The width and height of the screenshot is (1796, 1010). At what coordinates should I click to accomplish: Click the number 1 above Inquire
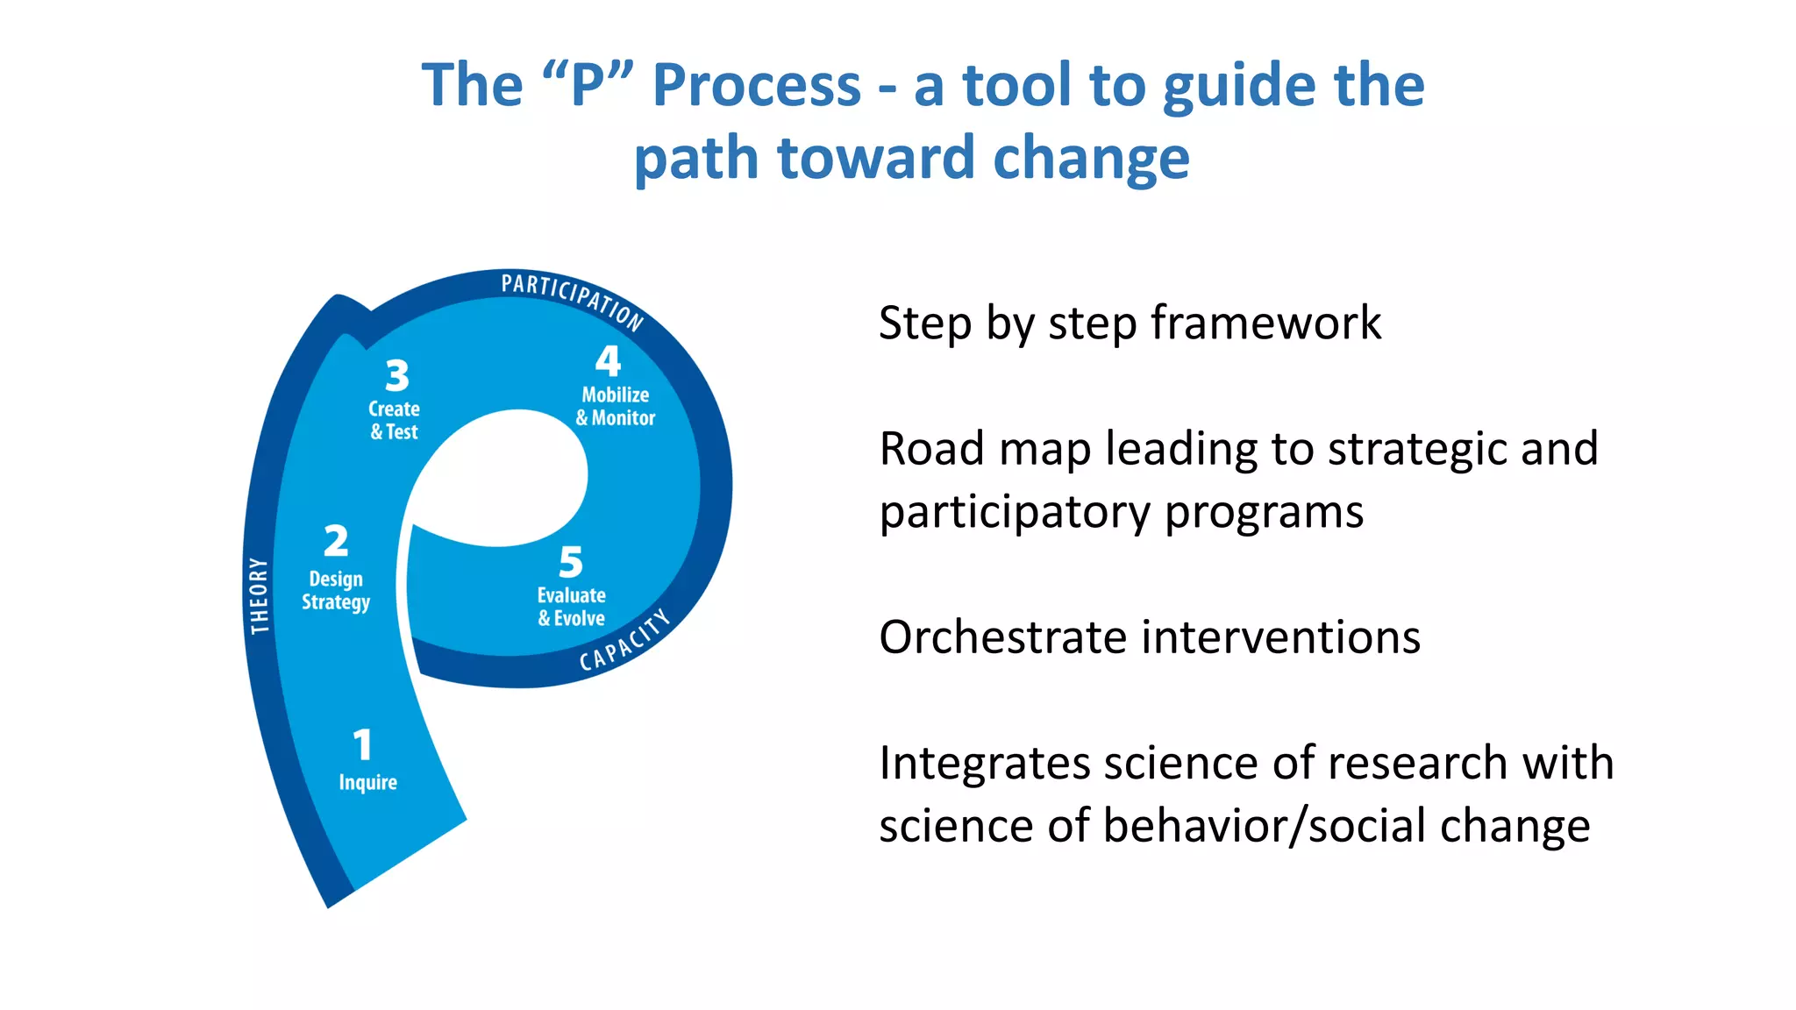click(x=363, y=745)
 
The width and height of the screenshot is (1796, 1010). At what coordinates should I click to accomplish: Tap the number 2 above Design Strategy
click(x=336, y=541)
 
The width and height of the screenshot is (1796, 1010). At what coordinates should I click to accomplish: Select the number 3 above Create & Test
click(x=397, y=376)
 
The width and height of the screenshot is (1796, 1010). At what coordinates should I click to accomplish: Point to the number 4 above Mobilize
click(x=608, y=361)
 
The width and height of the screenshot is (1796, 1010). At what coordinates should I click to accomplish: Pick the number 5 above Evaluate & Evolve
click(x=571, y=562)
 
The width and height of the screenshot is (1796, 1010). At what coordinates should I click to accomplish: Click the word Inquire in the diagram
click(x=367, y=782)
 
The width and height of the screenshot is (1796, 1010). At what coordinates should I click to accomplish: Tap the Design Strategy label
click(x=336, y=591)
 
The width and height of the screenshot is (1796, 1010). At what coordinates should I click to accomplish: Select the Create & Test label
click(x=394, y=420)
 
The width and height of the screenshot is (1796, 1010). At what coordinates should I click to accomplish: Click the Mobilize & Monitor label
click(x=615, y=407)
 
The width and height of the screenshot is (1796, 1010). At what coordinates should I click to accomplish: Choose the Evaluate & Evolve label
click(x=571, y=607)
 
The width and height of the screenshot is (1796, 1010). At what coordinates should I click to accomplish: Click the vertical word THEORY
click(x=259, y=595)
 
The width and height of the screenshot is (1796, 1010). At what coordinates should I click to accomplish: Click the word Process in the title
click(x=757, y=85)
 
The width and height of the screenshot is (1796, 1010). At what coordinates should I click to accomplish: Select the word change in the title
click(x=1091, y=158)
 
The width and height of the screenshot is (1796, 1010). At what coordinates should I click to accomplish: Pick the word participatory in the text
click(x=1014, y=513)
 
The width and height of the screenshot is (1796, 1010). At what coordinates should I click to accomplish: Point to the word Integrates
click(x=984, y=762)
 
